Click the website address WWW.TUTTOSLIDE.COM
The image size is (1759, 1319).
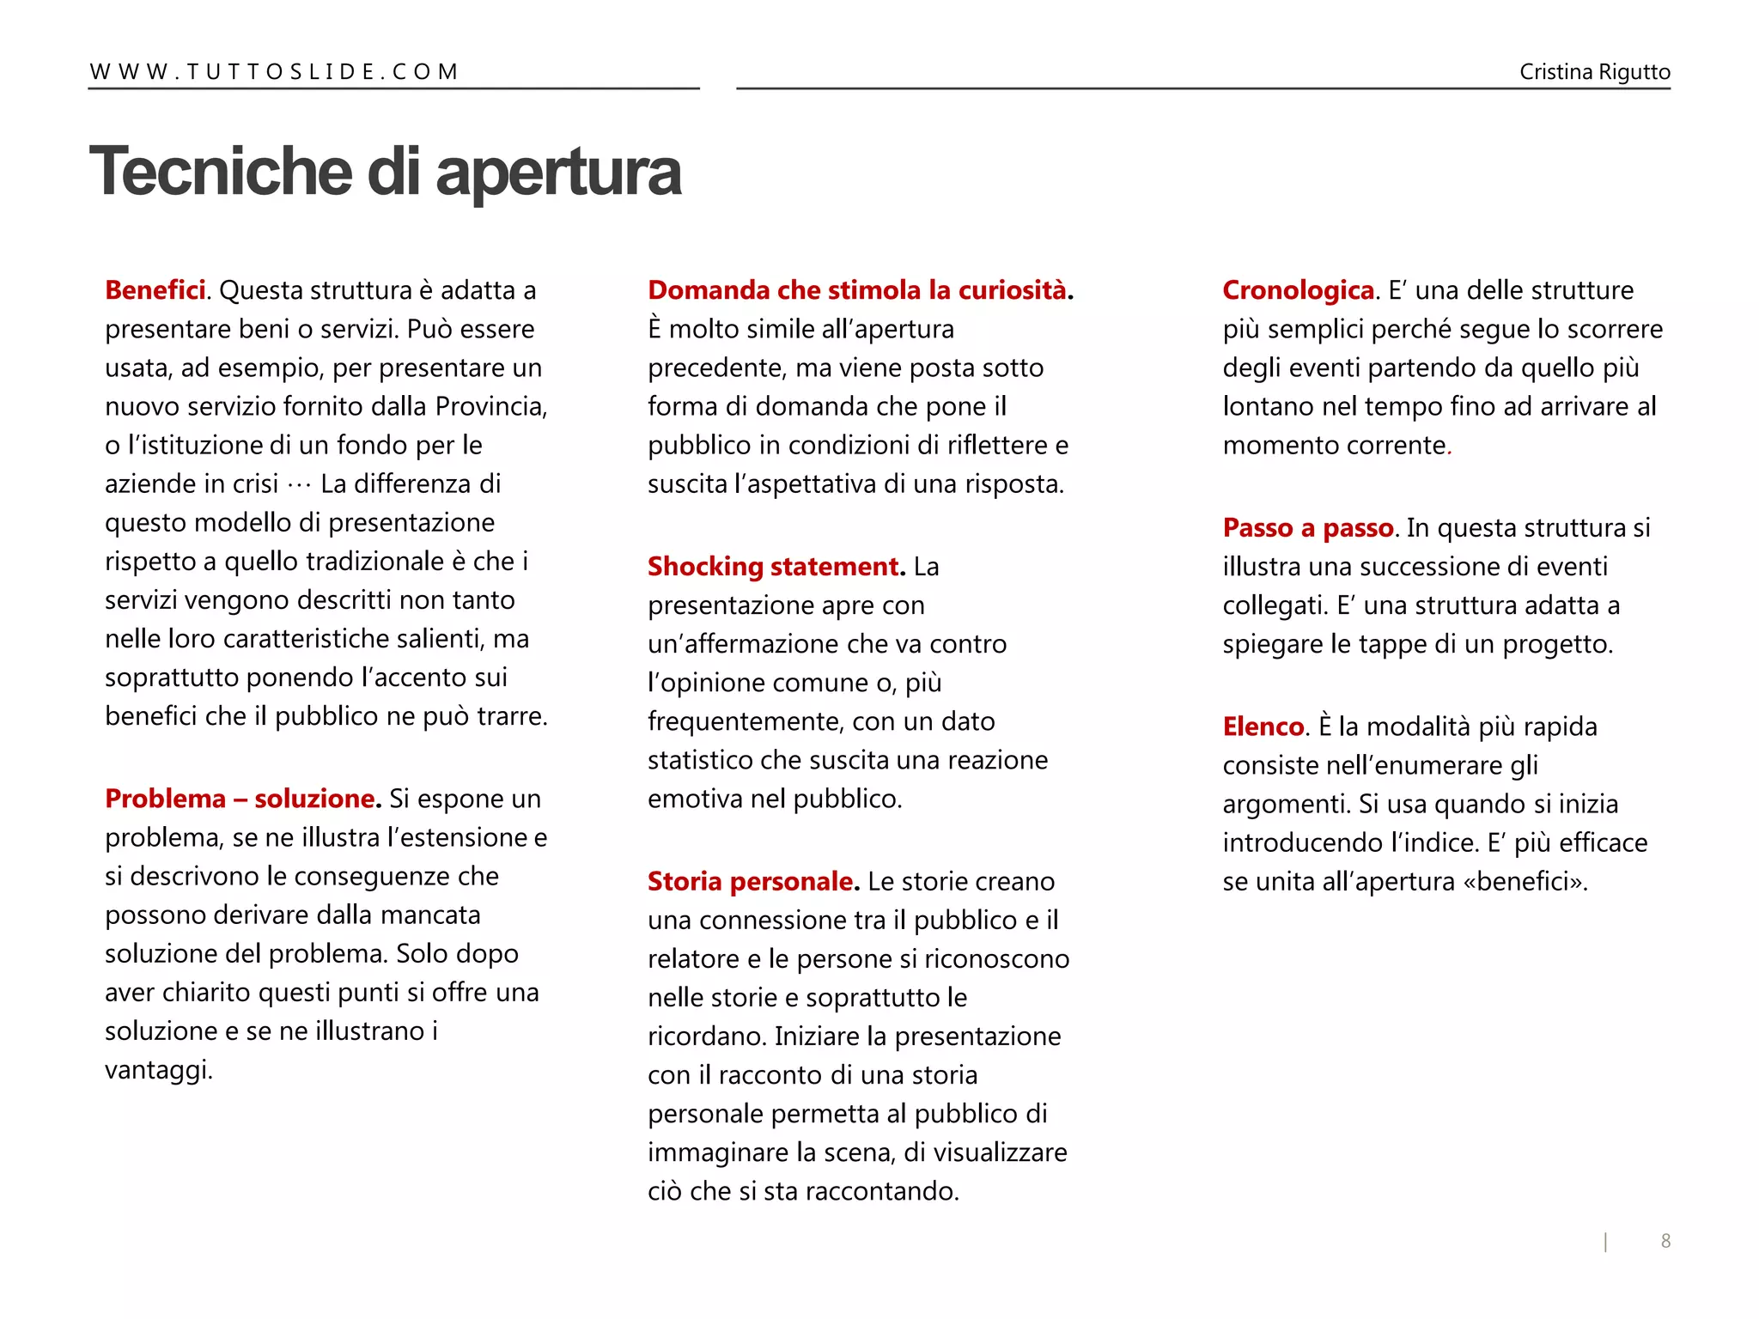click(274, 71)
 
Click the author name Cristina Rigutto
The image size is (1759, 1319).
click(1594, 72)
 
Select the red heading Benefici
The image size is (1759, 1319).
click(155, 290)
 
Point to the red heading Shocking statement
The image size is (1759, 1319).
click(773, 567)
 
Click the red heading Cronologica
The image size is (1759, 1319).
click(1298, 290)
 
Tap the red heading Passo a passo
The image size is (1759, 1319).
click(1307, 527)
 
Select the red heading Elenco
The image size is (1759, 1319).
click(1263, 726)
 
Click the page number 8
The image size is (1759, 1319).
click(1665, 1241)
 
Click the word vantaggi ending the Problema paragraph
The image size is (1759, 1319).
click(156, 1070)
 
